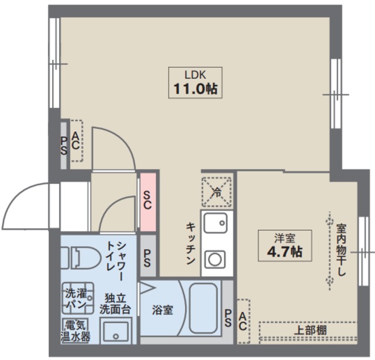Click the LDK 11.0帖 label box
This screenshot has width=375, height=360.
(195, 83)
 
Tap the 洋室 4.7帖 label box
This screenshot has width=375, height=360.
(285, 246)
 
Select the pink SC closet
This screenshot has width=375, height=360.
(148, 202)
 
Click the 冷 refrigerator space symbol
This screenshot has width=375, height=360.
(217, 192)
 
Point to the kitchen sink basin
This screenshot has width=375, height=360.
(215, 223)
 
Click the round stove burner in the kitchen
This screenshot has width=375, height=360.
(215, 260)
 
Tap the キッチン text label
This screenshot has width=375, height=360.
(190, 244)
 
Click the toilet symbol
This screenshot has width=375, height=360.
(80, 258)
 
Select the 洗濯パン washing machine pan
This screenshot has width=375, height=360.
(78, 298)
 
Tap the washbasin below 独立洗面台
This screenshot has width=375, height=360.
(116, 331)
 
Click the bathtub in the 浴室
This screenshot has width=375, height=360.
(203, 308)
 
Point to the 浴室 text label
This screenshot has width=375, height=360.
(163, 310)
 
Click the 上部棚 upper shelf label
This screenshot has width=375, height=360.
(310, 330)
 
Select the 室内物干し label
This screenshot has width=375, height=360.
(341, 250)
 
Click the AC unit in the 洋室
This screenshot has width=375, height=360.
(244, 321)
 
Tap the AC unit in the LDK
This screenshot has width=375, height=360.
(76, 141)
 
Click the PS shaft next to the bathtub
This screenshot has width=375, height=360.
(228, 312)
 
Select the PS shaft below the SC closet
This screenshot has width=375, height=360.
(148, 256)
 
